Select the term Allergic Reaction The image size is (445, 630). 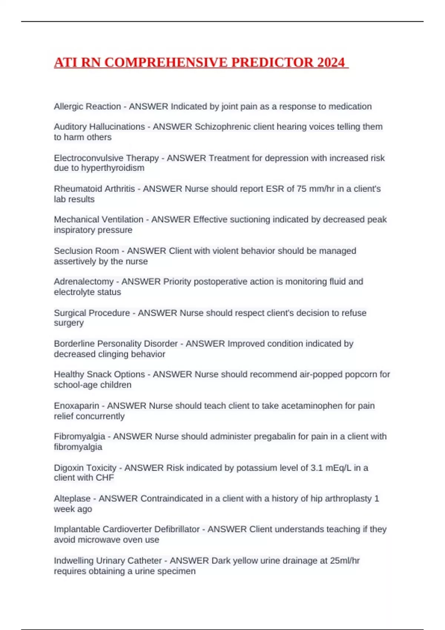click(x=87, y=106)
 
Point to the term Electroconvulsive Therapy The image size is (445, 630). click(x=106, y=158)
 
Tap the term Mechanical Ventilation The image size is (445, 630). click(x=98, y=219)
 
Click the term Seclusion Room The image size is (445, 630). click(x=86, y=251)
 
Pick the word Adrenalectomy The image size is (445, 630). click(x=83, y=282)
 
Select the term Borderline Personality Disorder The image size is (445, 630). click(x=115, y=344)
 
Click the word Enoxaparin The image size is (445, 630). click(x=76, y=406)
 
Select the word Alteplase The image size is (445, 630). click(x=72, y=498)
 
